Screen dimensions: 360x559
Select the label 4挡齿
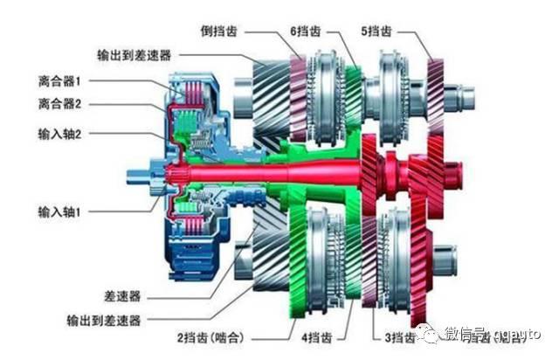tap(320, 337)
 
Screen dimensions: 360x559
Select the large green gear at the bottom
tap(328, 262)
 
